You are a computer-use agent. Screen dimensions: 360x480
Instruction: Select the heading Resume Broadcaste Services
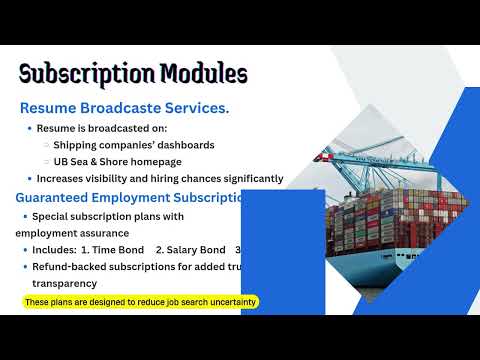point(125,107)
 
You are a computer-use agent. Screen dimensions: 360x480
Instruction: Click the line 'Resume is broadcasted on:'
point(102,129)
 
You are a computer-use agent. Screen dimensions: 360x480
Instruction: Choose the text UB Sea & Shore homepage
point(118,162)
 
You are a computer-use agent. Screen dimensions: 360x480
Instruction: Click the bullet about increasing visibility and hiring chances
point(160,179)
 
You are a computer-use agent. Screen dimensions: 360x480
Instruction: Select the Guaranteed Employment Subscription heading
point(130,197)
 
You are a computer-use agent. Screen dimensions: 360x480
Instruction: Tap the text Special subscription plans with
point(108,216)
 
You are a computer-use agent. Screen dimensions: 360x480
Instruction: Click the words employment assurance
point(65,232)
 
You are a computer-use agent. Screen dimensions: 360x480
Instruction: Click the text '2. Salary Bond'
point(189,249)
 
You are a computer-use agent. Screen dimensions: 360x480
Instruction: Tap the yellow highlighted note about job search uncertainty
point(140,302)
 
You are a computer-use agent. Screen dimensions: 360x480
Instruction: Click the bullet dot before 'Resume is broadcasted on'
point(28,129)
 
